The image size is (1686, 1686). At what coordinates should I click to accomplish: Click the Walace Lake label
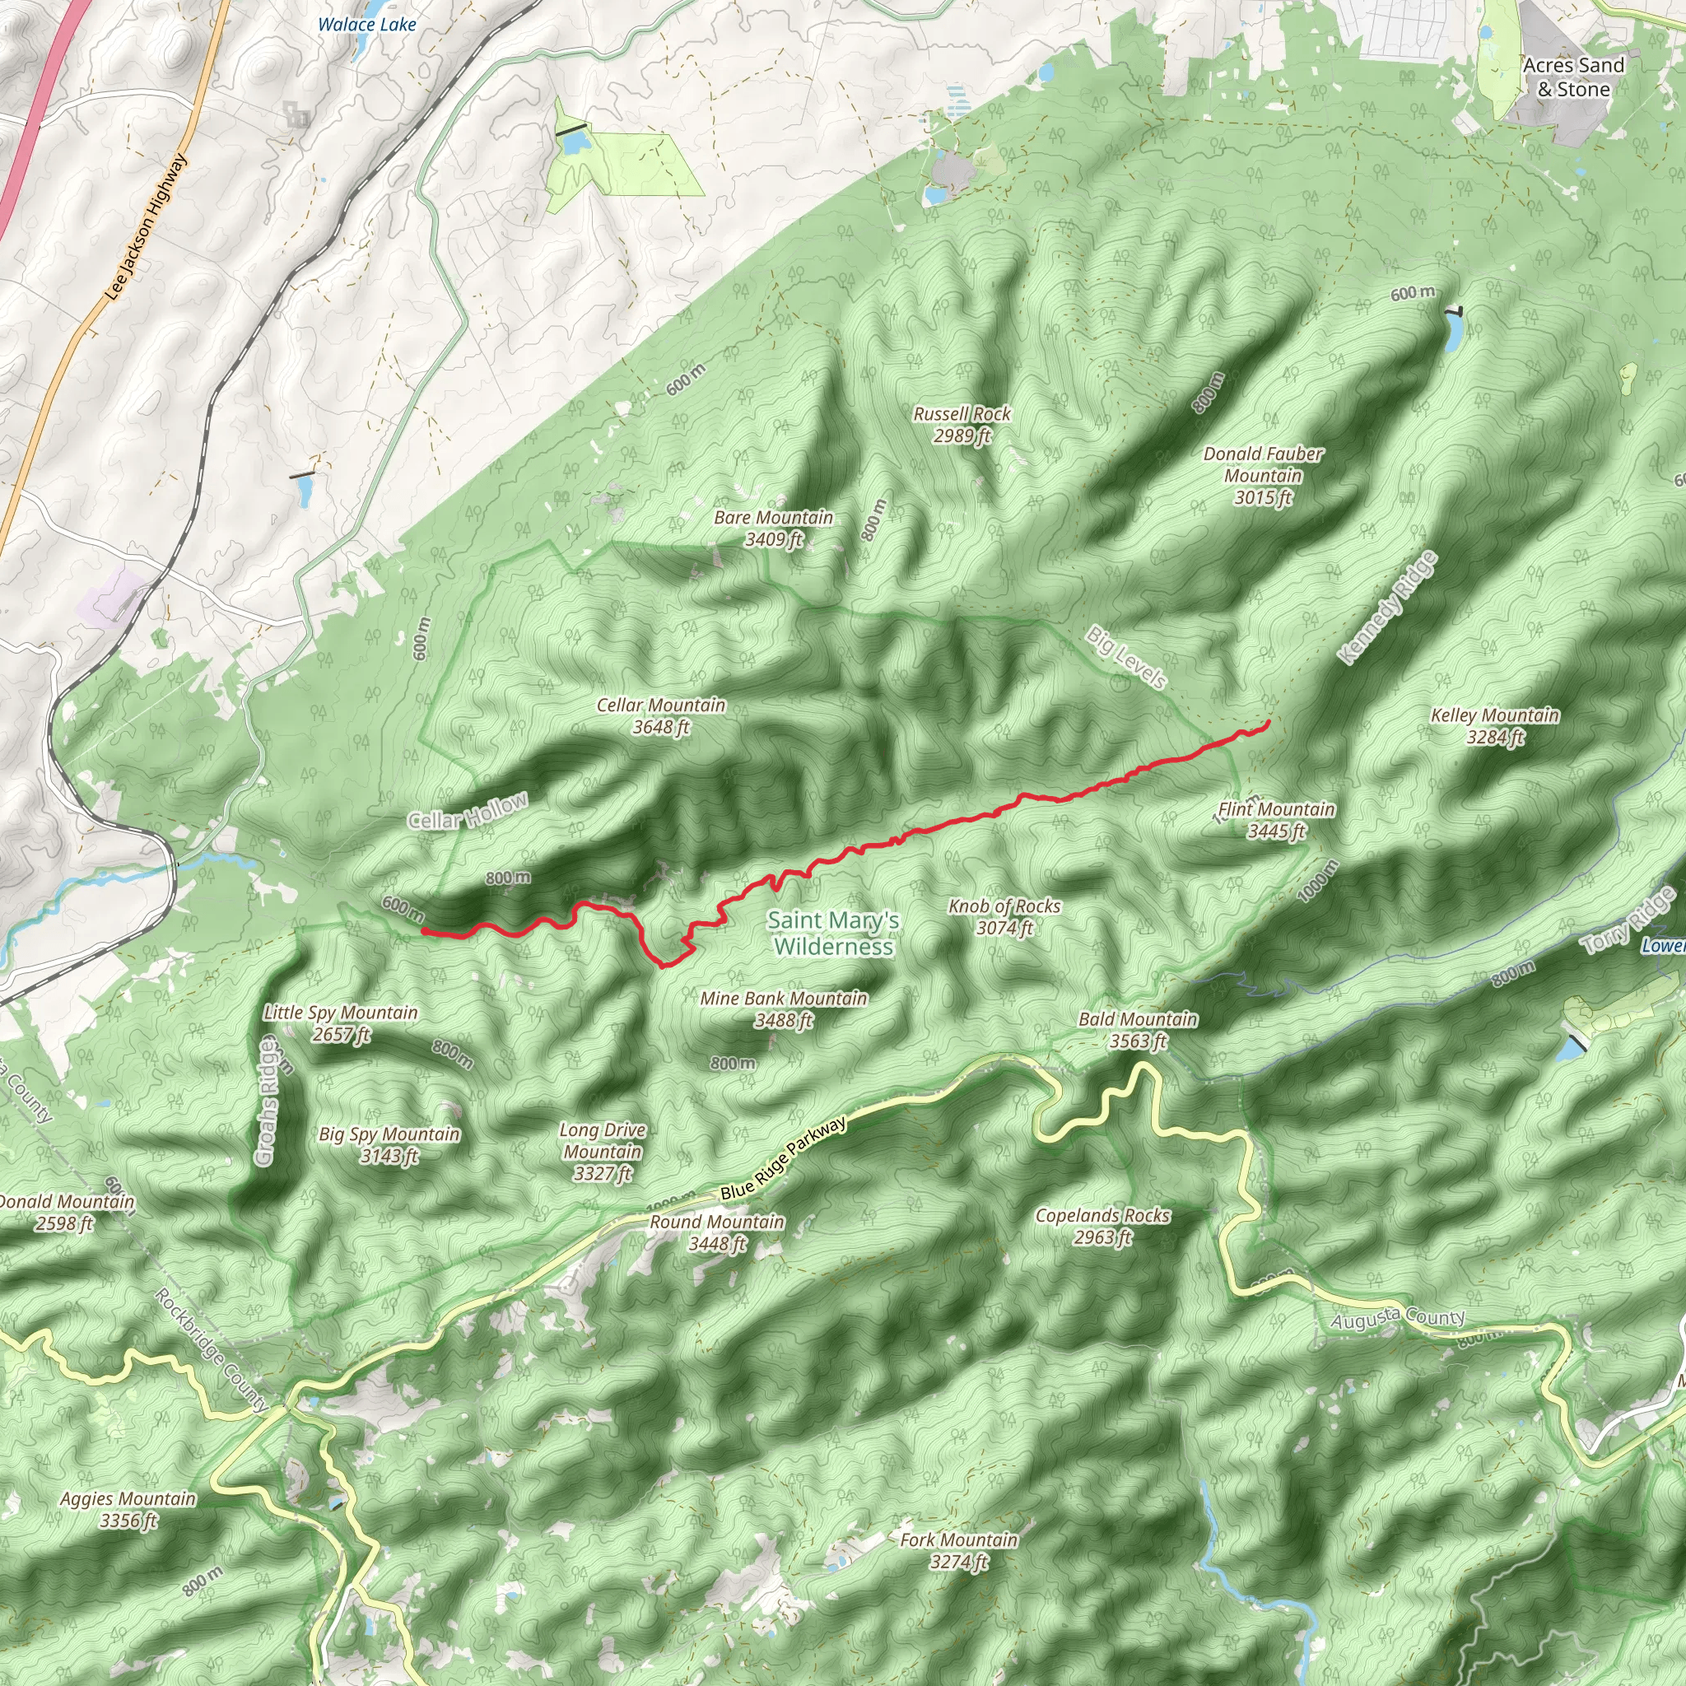366,25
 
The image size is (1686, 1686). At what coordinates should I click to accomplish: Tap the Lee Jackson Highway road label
146,227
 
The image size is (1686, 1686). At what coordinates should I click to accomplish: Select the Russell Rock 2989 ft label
962,424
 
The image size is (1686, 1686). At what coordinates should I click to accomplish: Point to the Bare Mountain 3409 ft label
773,528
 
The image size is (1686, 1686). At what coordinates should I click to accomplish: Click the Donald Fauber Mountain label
1263,476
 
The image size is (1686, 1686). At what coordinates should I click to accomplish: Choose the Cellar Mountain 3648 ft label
660,715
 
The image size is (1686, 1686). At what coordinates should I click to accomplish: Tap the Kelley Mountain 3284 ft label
1495,726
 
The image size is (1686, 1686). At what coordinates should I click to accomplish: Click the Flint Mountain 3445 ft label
1276,820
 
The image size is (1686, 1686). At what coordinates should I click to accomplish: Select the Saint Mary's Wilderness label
833,933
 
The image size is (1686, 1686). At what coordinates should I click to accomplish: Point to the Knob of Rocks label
1004,916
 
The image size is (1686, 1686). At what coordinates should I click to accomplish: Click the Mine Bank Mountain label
784,1008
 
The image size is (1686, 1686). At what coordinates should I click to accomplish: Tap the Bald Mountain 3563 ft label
1138,1030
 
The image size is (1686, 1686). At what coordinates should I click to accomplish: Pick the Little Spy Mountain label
340,1022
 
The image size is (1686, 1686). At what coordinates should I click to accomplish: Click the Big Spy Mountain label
389,1144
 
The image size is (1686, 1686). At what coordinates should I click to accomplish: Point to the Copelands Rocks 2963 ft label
1102,1226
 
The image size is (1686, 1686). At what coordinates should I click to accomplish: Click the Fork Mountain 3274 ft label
958,1551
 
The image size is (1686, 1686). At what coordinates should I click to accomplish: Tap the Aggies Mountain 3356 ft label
128,1510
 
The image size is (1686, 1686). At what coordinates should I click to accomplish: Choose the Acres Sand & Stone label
1573,77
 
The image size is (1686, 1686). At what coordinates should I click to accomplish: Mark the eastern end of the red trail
1267,722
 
